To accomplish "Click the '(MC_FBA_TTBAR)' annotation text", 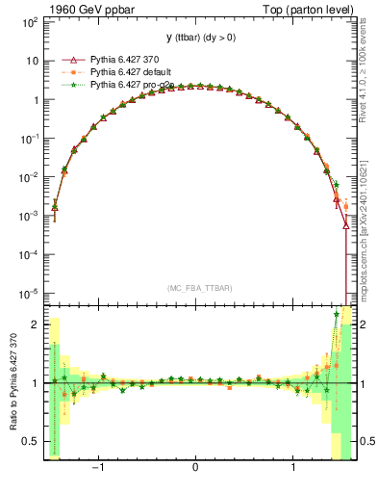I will [x=196, y=288].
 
